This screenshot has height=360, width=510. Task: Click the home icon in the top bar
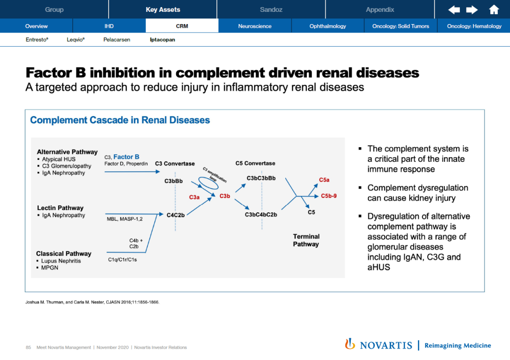pos(494,9)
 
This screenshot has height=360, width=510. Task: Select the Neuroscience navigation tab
pos(255,26)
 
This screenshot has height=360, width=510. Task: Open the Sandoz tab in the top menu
pos(271,9)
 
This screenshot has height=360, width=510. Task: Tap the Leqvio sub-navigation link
pos(76,40)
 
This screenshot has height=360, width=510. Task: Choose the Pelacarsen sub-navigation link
pos(117,40)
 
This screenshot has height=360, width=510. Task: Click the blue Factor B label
pos(127,157)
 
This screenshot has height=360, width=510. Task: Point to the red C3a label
pos(194,197)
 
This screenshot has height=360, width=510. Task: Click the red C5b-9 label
pos(329,196)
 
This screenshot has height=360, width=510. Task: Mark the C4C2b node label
pos(176,215)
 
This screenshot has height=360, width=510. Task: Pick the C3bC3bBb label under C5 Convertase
pos(261,178)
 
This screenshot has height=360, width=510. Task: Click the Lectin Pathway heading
pos(60,208)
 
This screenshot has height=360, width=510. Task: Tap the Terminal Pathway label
pos(306,240)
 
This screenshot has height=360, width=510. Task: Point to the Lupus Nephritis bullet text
pos(61,261)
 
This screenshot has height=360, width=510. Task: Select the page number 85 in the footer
pos(28,347)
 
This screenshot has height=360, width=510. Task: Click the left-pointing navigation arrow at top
pos(454,9)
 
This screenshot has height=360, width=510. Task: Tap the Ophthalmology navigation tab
pos(328,26)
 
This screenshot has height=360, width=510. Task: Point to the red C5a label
pos(324,180)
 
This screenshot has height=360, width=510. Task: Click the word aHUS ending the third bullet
pos(379,268)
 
